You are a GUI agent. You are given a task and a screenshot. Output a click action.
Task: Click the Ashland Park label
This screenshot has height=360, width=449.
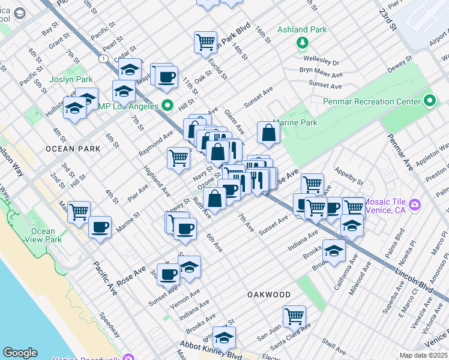pos(302,30)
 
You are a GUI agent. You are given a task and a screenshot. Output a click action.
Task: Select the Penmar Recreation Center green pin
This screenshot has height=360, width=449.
pos(429,101)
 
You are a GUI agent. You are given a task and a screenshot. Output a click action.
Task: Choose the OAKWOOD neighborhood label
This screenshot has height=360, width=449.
pos(269,295)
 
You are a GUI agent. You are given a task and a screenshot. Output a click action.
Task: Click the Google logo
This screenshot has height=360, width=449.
pos(20,352)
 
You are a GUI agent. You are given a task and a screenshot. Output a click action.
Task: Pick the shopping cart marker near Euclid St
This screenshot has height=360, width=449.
pos(205,42)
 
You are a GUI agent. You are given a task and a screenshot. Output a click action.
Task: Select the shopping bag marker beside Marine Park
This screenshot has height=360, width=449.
pos(269,133)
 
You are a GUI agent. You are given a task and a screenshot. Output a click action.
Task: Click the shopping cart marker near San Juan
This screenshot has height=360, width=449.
pos(294,316)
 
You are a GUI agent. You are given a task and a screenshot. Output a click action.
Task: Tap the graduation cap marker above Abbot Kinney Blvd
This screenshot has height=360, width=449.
pos(224,337)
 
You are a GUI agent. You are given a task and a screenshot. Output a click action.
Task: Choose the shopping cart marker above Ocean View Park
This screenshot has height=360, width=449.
pos(79,212)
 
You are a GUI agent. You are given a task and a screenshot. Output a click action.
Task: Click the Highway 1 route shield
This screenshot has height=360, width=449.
pos(104,58)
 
